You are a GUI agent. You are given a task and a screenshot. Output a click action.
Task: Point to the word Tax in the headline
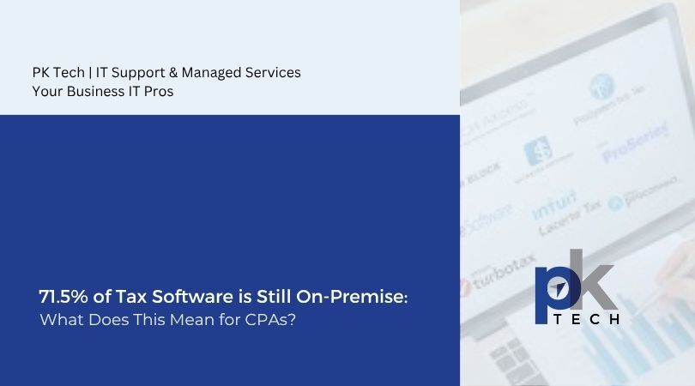(x=121, y=297)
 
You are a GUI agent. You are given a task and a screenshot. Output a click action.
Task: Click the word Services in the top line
(x=273, y=73)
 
